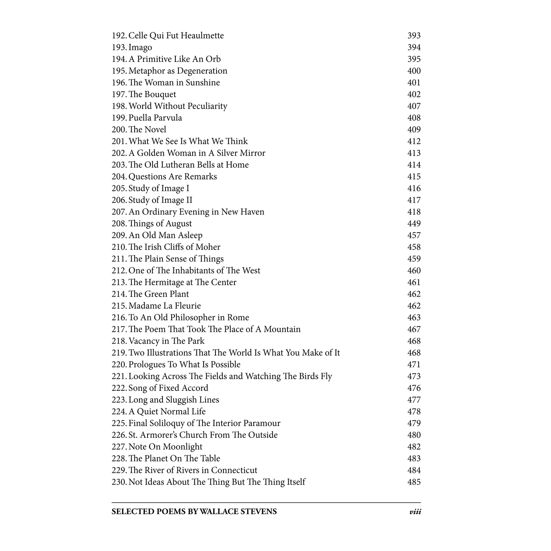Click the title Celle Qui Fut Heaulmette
point(176,36)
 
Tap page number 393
point(414,36)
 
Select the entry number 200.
point(119,130)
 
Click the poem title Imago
point(140,48)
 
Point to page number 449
point(414,224)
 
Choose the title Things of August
point(160,224)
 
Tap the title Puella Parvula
point(155,118)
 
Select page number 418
point(414,212)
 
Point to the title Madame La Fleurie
point(165,306)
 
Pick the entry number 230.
point(119,482)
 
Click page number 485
point(414,482)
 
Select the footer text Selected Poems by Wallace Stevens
point(194,512)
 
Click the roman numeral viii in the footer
point(415,512)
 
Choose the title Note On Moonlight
point(165,447)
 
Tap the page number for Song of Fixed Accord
point(414,388)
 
